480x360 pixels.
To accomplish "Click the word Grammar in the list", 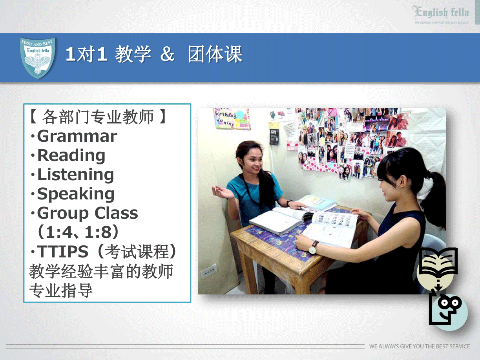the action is click(x=77, y=136).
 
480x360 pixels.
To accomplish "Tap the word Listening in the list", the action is click(x=75, y=175).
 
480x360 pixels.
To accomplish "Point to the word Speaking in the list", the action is click(x=76, y=194).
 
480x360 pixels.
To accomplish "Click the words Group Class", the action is click(x=88, y=213).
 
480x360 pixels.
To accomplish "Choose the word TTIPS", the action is click(x=62, y=251).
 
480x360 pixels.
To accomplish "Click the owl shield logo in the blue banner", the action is click(x=38, y=58).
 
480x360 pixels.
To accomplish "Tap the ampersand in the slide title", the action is click(x=167, y=54).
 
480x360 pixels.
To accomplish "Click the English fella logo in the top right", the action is click(x=440, y=15).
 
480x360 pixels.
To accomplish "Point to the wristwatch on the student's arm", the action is click(x=313, y=247).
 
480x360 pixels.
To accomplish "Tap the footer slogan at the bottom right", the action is click(x=420, y=346).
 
